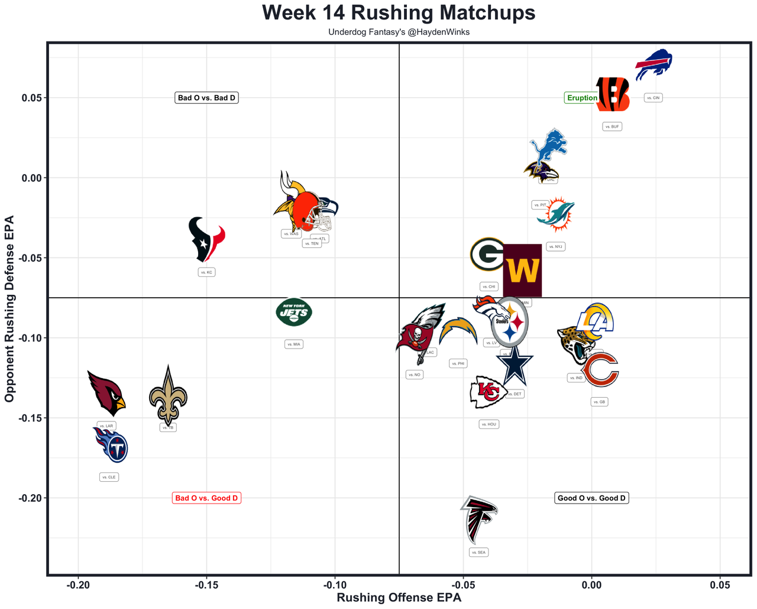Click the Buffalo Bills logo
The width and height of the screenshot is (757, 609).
coord(654,64)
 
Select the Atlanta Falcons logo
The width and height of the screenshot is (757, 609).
coord(479,519)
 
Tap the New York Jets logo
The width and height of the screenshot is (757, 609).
coord(294,312)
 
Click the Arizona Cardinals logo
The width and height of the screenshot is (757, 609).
coord(106,392)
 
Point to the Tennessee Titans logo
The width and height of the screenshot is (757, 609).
coord(111,446)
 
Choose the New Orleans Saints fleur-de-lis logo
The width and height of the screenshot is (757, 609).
coord(168,395)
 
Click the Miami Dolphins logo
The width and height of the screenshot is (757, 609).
coord(556,214)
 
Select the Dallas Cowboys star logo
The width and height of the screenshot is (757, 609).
coord(515,365)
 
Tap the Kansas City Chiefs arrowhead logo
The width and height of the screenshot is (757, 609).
coord(488,392)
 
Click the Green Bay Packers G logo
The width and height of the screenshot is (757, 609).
coord(488,254)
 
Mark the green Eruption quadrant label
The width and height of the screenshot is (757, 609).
coord(582,98)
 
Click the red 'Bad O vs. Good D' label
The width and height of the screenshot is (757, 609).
coord(206,498)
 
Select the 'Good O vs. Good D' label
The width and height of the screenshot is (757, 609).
coord(591,498)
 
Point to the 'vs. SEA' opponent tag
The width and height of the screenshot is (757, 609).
coord(478,552)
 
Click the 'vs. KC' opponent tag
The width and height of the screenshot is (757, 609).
coord(206,272)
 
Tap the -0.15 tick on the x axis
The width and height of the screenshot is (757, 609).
coord(206,585)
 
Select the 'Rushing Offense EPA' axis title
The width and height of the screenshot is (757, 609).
coord(399,598)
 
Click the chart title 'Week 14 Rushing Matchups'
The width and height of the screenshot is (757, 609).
coord(399,13)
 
